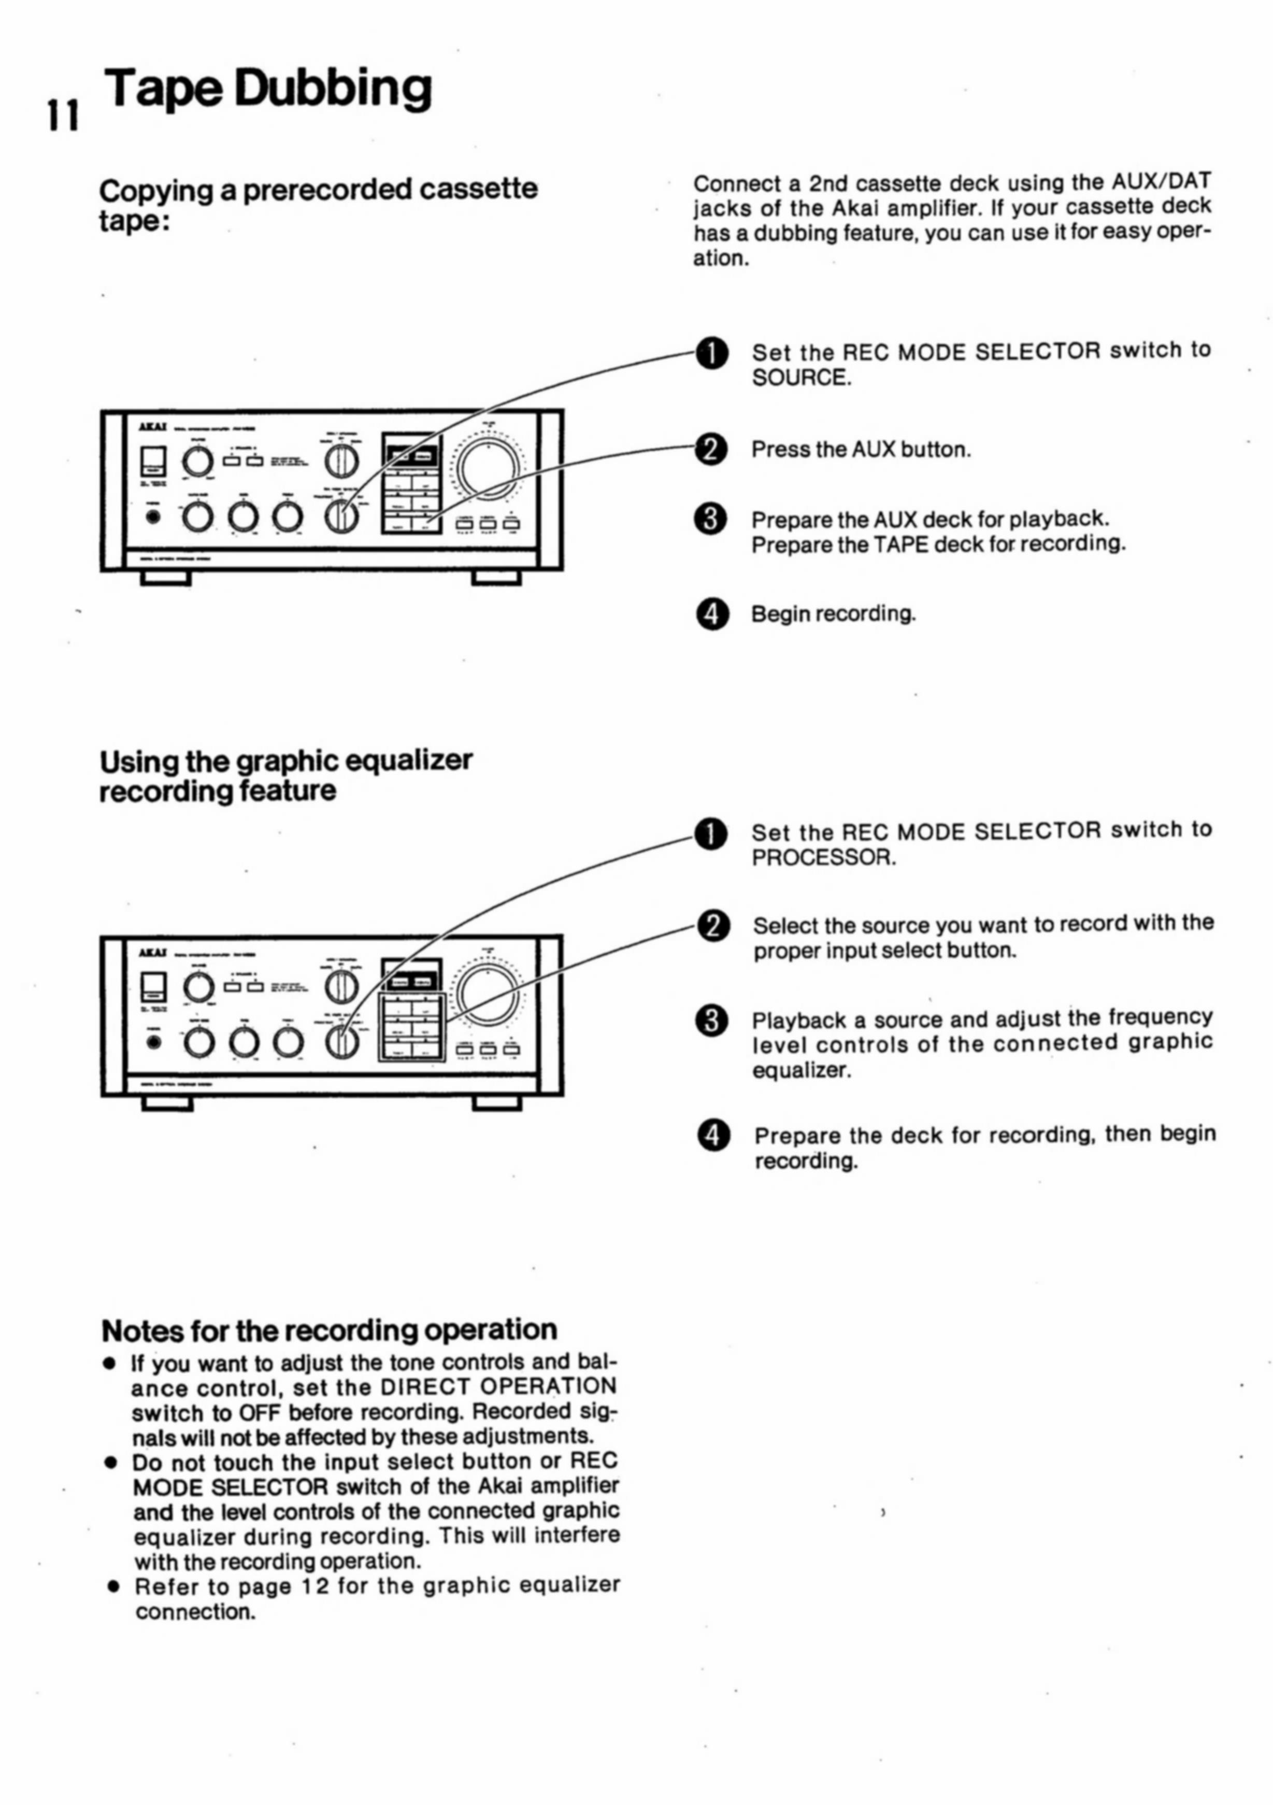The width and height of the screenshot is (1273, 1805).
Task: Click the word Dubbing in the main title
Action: click(x=333, y=88)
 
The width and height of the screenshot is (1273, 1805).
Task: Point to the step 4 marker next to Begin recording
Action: click(x=711, y=614)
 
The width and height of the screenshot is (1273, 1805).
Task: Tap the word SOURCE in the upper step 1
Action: click(x=801, y=378)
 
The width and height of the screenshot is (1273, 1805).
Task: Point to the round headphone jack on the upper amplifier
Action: click(x=154, y=517)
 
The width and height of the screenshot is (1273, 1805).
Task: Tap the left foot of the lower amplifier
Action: click(x=167, y=1103)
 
